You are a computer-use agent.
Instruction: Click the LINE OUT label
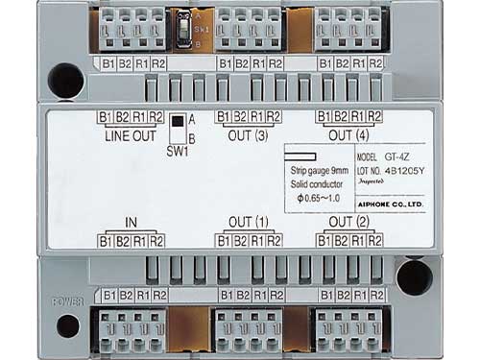pos(129,134)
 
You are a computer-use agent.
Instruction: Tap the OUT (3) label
pos(248,134)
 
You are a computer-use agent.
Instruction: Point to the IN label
pos(131,223)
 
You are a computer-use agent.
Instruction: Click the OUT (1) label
pos(248,223)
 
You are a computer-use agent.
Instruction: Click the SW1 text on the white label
pos(177,152)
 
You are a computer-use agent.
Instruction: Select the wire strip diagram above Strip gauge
pos(302,156)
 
